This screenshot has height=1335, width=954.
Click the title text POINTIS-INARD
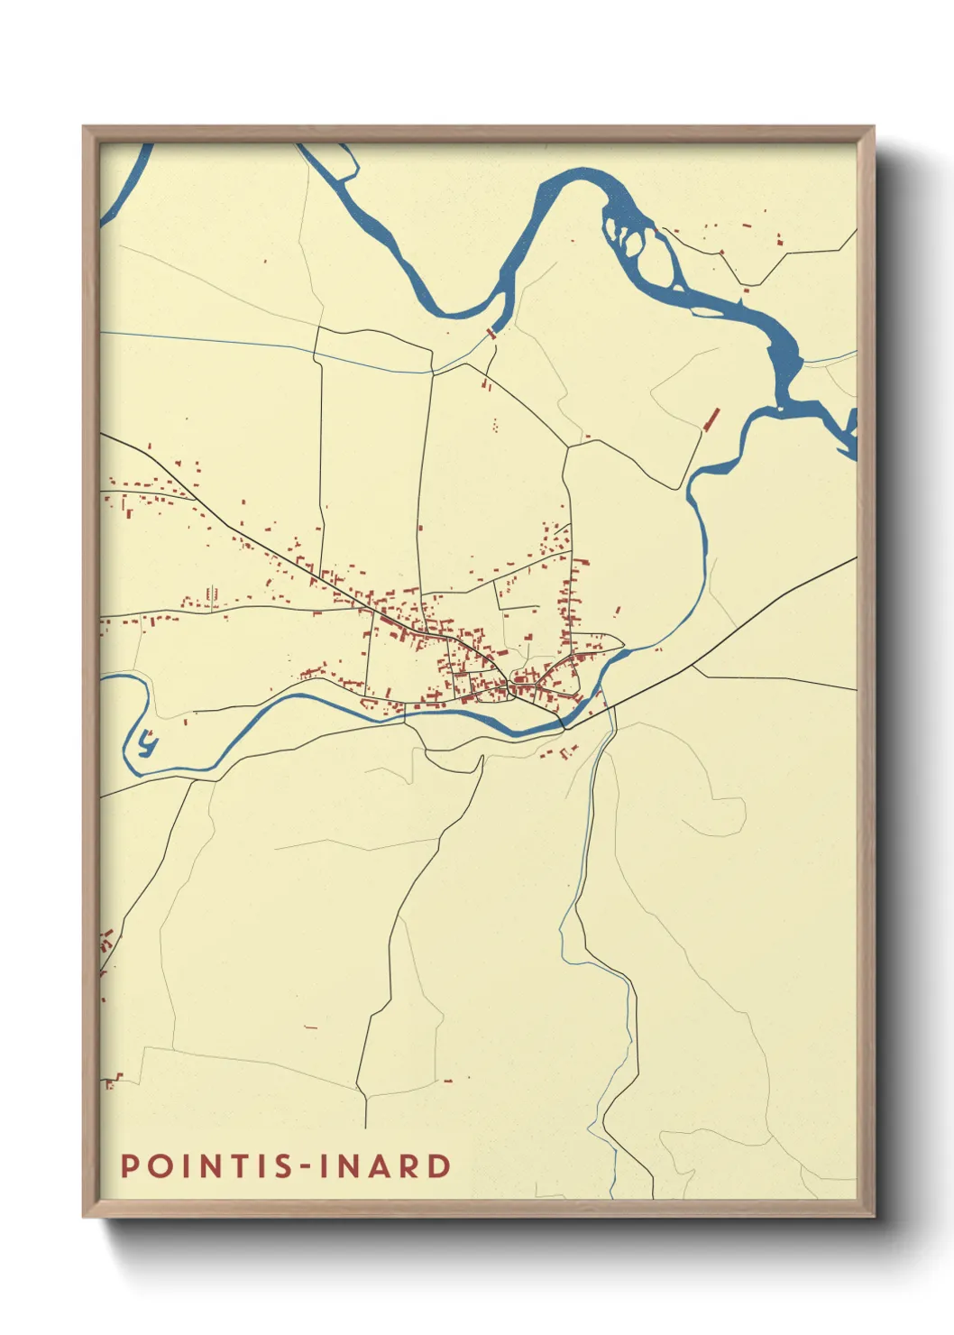click(286, 1165)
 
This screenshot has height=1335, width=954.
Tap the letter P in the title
click(129, 1165)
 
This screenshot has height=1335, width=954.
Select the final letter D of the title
click(439, 1165)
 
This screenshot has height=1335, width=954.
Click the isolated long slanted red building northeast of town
click(711, 419)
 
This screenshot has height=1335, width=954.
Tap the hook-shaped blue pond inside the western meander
click(147, 744)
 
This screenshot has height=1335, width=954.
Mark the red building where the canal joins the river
click(491, 333)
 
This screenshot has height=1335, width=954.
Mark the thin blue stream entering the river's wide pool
click(825, 360)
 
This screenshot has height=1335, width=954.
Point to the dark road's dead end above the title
click(365, 1127)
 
